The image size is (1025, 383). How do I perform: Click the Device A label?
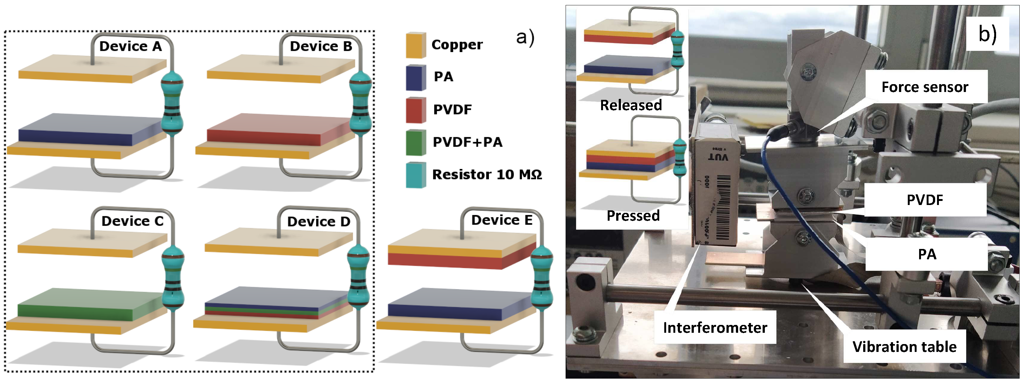tap(130, 46)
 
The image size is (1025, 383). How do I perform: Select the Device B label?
tap(321, 46)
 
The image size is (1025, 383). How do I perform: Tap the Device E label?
tap(502, 220)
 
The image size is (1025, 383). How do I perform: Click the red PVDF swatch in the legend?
tap(416, 110)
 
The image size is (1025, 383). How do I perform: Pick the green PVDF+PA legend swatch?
tap(416, 143)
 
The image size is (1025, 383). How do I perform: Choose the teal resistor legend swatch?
tap(416, 175)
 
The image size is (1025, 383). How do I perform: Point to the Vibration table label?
tap(904, 346)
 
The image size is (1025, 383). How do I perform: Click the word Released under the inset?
tap(631, 105)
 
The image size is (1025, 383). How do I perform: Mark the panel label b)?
tap(987, 34)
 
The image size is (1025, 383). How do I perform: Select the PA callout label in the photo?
tap(926, 254)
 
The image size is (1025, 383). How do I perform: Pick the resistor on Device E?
tap(542, 278)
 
